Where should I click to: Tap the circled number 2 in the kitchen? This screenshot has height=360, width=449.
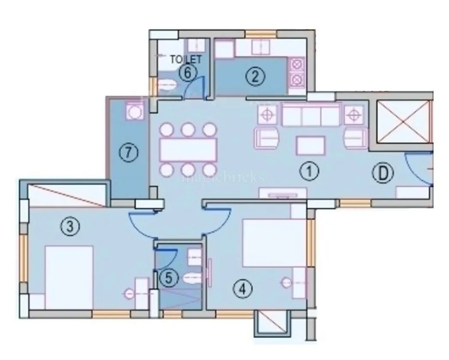(x=255, y=77)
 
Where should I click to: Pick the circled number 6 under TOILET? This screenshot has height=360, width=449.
(x=187, y=73)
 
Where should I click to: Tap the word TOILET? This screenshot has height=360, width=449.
(x=186, y=60)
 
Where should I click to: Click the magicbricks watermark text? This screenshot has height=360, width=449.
(x=223, y=177)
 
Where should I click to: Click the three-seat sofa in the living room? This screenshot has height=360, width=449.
(x=310, y=114)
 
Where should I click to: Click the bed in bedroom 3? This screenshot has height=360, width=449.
(x=69, y=276)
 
